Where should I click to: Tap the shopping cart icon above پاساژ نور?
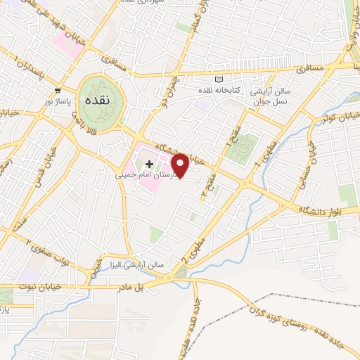coord(58,91)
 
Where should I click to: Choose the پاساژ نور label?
coord(58,102)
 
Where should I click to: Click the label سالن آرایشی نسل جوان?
coord(277,98)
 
